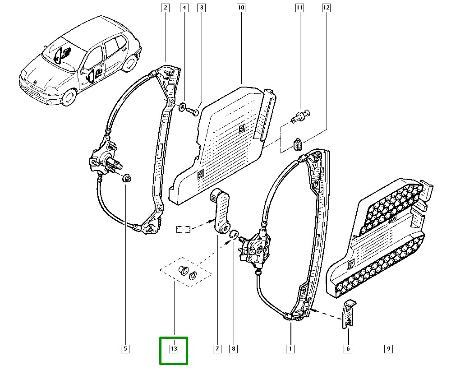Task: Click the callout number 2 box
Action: click(165, 8)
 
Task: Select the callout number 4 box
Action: click(184, 8)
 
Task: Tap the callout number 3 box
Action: click(201, 8)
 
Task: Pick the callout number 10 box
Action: click(241, 8)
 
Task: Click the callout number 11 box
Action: click(299, 8)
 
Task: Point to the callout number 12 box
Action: click(326, 8)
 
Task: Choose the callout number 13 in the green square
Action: click(174, 349)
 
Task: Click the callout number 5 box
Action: click(125, 349)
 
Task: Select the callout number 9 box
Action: click(388, 349)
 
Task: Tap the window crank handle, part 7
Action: click(221, 211)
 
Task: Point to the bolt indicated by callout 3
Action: click(193, 111)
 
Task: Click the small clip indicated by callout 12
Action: click(297, 144)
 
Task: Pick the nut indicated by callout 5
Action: click(127, 178)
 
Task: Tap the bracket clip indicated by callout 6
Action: click(349, 314)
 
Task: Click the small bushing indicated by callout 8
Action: click(234, 235)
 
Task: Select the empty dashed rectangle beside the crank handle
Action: click(184, 229)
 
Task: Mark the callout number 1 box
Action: click(290, 349)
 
